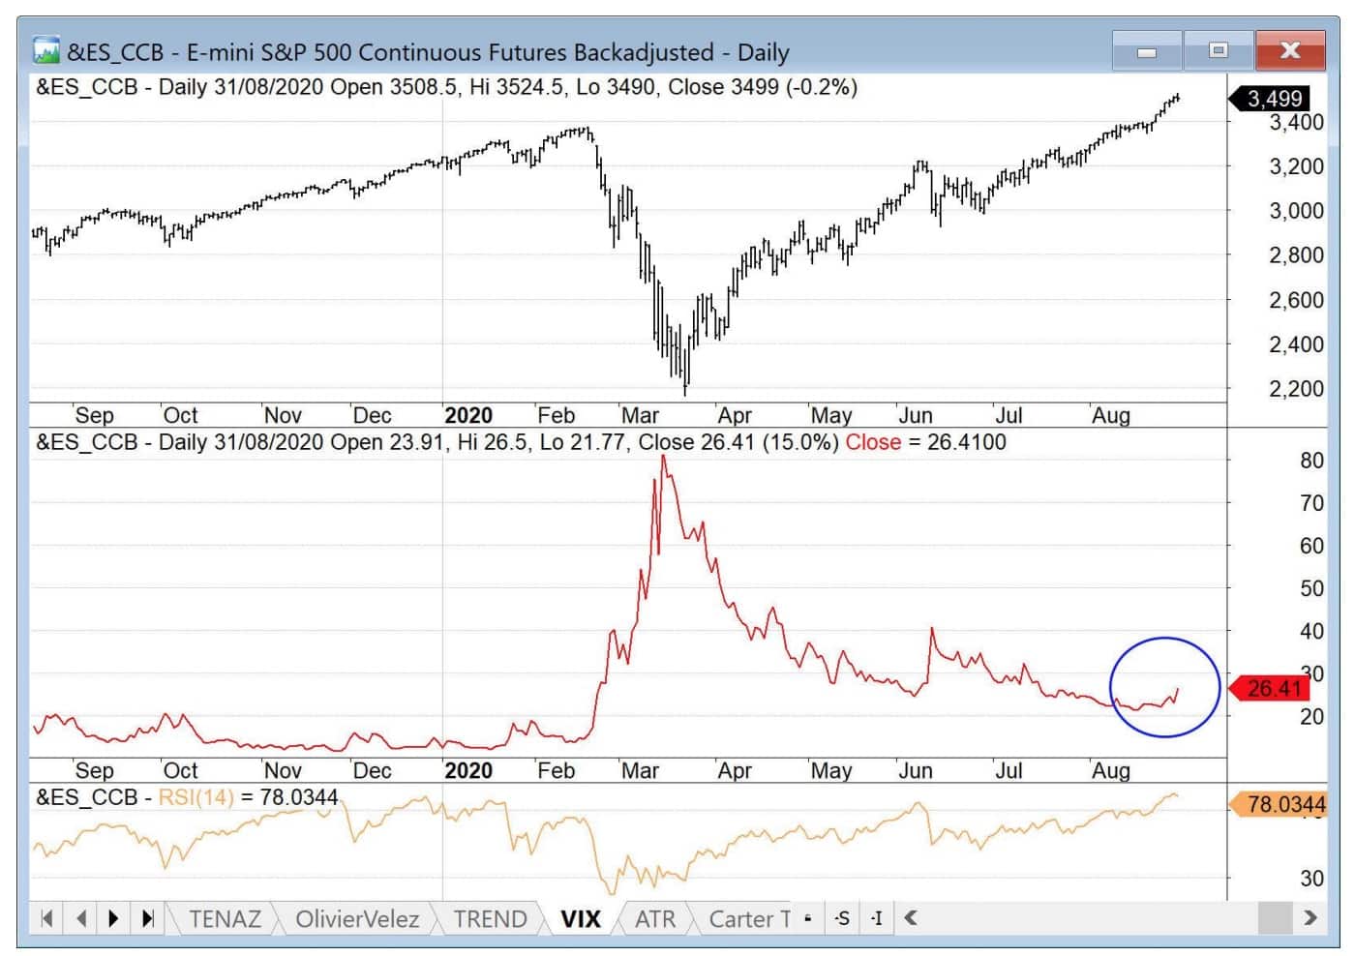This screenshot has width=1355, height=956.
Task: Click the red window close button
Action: coord(1289,50)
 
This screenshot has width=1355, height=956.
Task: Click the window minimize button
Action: coord(1147,50)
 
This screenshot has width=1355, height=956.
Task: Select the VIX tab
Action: coord(581,918)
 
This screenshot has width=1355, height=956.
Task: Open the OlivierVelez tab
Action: coord(357,918)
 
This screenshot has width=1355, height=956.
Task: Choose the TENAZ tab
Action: coord(225,918)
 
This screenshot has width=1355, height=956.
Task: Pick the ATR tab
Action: coord(655,918)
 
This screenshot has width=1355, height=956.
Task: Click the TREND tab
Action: coord(490,918)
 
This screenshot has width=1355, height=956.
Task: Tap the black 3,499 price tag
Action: coord(1273,99)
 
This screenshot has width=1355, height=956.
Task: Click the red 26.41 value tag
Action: coord(1273,689)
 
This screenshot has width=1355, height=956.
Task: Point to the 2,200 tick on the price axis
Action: coord(1296,389)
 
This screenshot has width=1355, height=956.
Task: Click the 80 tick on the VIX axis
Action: coord(1311,461)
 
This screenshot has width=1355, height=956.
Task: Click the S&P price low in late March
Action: coord(685,391)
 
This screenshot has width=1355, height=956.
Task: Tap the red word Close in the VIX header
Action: coord(873,442)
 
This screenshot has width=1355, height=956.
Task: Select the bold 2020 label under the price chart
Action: coord(468,416)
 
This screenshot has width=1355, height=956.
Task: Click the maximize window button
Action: coord(1218,50)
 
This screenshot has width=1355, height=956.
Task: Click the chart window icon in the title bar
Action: coord(45,50)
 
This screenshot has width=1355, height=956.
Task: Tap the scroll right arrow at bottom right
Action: coord(1310,917)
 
